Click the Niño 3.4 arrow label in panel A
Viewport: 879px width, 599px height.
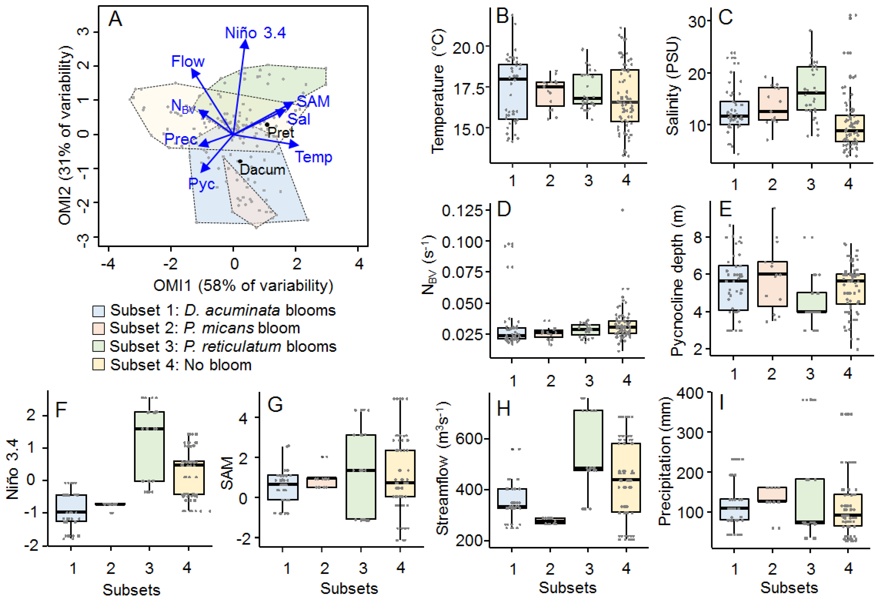pos(255,33)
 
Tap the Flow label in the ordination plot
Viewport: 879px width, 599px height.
pos(188,61)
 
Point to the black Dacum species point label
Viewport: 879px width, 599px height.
pos(262,170)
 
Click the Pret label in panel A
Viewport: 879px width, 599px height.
pos(281,132)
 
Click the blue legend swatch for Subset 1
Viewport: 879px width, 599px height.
pos(98,311)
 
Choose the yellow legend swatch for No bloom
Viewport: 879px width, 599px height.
pos(98,365)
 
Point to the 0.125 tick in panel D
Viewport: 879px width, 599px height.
pos(462,211)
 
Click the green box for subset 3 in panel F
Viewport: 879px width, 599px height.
pos(150,446)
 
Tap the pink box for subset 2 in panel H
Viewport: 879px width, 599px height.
pos(550,521)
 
